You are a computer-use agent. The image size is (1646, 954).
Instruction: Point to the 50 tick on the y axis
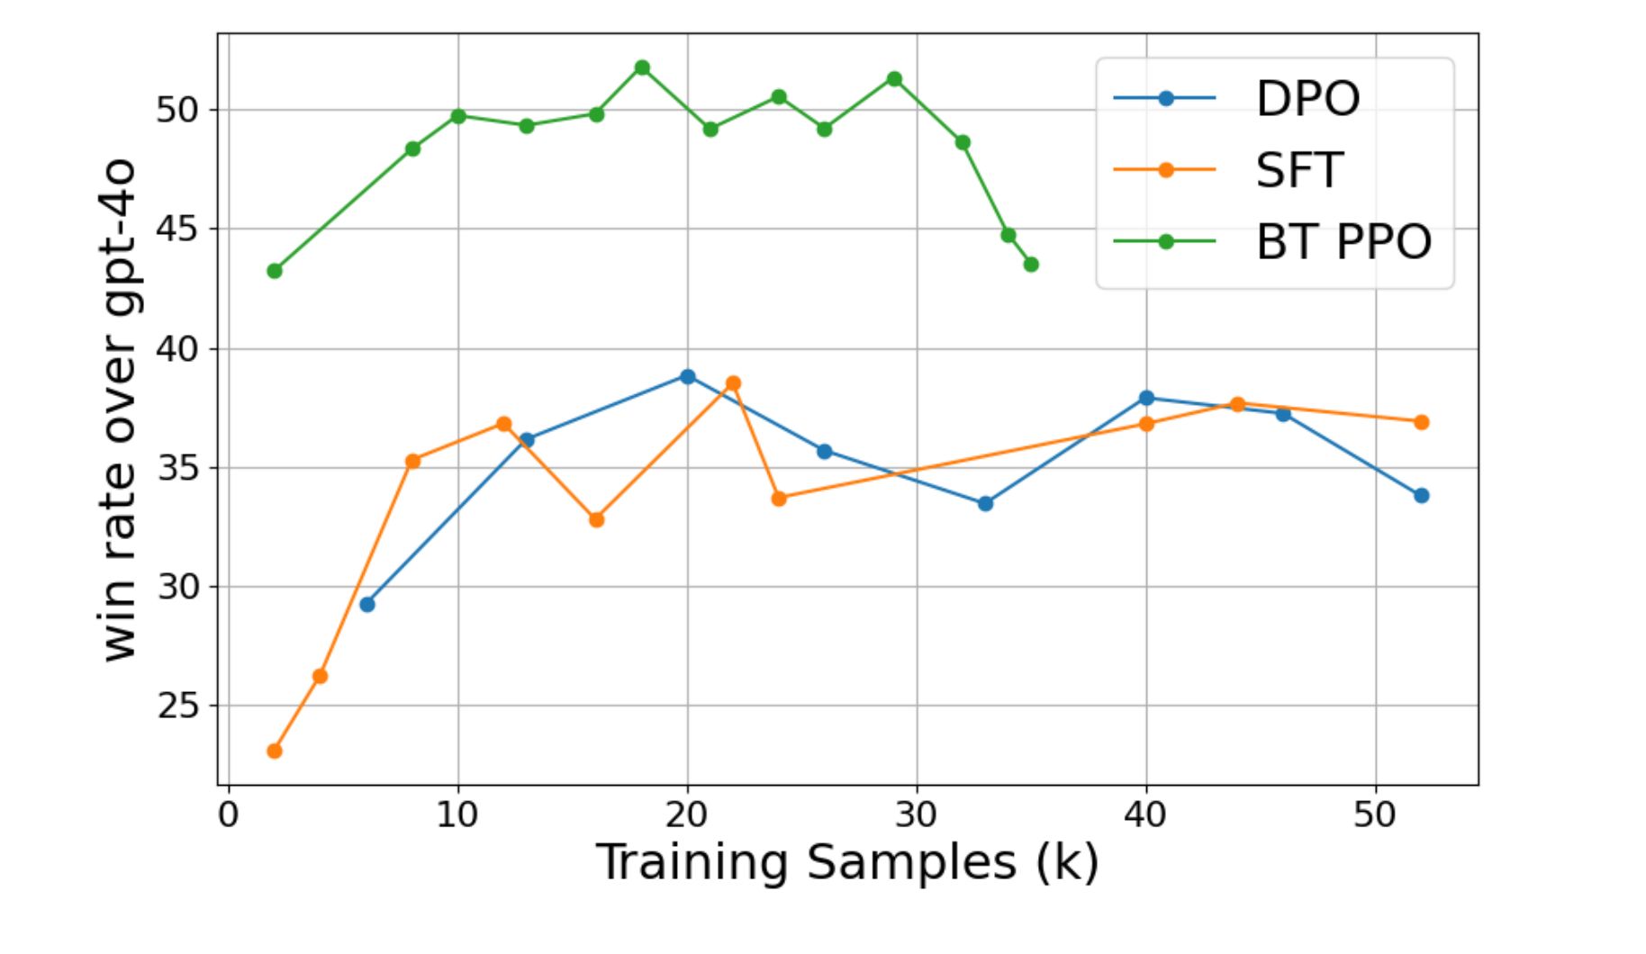point(177,111)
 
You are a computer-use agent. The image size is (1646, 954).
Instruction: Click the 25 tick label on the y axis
point(177,706)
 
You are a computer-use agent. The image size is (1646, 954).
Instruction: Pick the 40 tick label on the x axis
point(1145,814)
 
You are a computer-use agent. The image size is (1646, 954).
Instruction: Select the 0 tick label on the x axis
point(229,814)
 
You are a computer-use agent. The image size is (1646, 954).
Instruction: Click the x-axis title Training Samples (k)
point(847,862)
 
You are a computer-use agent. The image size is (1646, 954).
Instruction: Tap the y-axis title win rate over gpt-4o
point(120,410)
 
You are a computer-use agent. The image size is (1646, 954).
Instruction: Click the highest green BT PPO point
point(642,67)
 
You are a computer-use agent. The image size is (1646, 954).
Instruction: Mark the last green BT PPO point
point(1031,265)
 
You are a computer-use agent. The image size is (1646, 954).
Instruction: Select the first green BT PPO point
point(275,271)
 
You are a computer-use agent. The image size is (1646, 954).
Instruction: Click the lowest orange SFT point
point(275,751)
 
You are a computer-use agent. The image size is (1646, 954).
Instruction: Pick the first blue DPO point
point(366,604)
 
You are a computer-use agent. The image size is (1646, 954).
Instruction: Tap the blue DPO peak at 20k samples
point(688,376)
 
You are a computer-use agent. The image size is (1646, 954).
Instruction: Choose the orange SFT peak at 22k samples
point(733,383)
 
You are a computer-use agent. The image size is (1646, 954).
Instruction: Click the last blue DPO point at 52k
point(1421,496)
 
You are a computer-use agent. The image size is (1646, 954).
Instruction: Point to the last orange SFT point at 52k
point(1421,422)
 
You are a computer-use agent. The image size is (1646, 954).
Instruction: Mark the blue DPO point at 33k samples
point(985,503)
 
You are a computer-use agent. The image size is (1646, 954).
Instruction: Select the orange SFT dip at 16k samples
point(596,519)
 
